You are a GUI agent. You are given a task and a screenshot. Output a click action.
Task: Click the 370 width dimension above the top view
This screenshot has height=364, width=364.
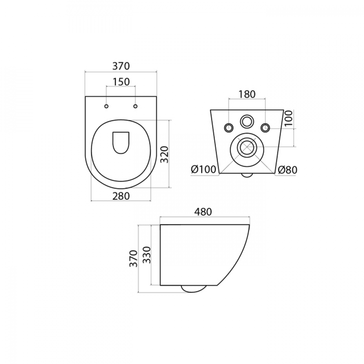[x=121, y=66]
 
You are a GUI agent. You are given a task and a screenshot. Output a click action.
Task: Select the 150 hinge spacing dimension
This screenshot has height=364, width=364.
[x=121, y=82]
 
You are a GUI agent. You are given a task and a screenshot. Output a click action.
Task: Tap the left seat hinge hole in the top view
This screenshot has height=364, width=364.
[x=106, y=106]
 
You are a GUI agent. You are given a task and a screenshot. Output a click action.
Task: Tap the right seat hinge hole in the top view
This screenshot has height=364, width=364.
[x=135, y=106]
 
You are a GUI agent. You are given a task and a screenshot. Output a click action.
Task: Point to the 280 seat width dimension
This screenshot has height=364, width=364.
[x=121, y=196]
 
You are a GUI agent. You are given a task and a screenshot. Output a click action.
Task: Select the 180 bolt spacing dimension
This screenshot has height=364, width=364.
[x=247, y=94]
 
